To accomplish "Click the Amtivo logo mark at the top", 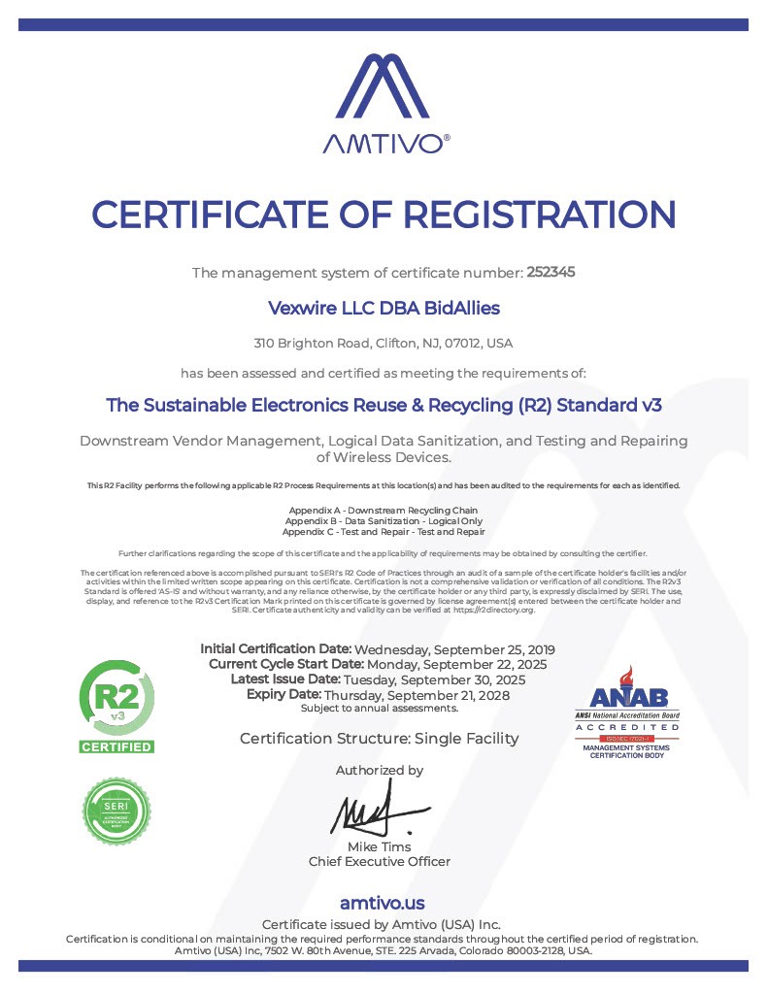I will pyautogui.click(x=384, y=89).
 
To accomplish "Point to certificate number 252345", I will pyautogui.click(x=551, y=273).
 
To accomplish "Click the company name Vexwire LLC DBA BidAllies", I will pyautogui.click(x=384, y=308).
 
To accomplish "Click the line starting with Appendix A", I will pyautogui.click(x=384, y=511).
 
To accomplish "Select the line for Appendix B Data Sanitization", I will pyautogui.click(x=384, y=521).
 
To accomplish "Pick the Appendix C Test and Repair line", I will pyautogui.click(x=384, y=532).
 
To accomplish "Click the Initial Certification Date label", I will pyautogui.click(x=276, y=648).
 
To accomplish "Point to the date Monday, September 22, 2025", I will pyautogui.click(x=457, y=665).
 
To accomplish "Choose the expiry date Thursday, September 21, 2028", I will pyautogui.click(x=417, y=695).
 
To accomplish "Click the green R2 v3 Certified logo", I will pyautogui.click(x=116, y=707).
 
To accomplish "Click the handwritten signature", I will pyautogui.click(x=376, y=813).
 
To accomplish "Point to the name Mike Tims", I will pyautogui.click(x=380, y=847).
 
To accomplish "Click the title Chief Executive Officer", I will pyautogui.click(x=380, y=862).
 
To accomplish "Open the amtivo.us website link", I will pyautogui.click(x=383, y=904).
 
